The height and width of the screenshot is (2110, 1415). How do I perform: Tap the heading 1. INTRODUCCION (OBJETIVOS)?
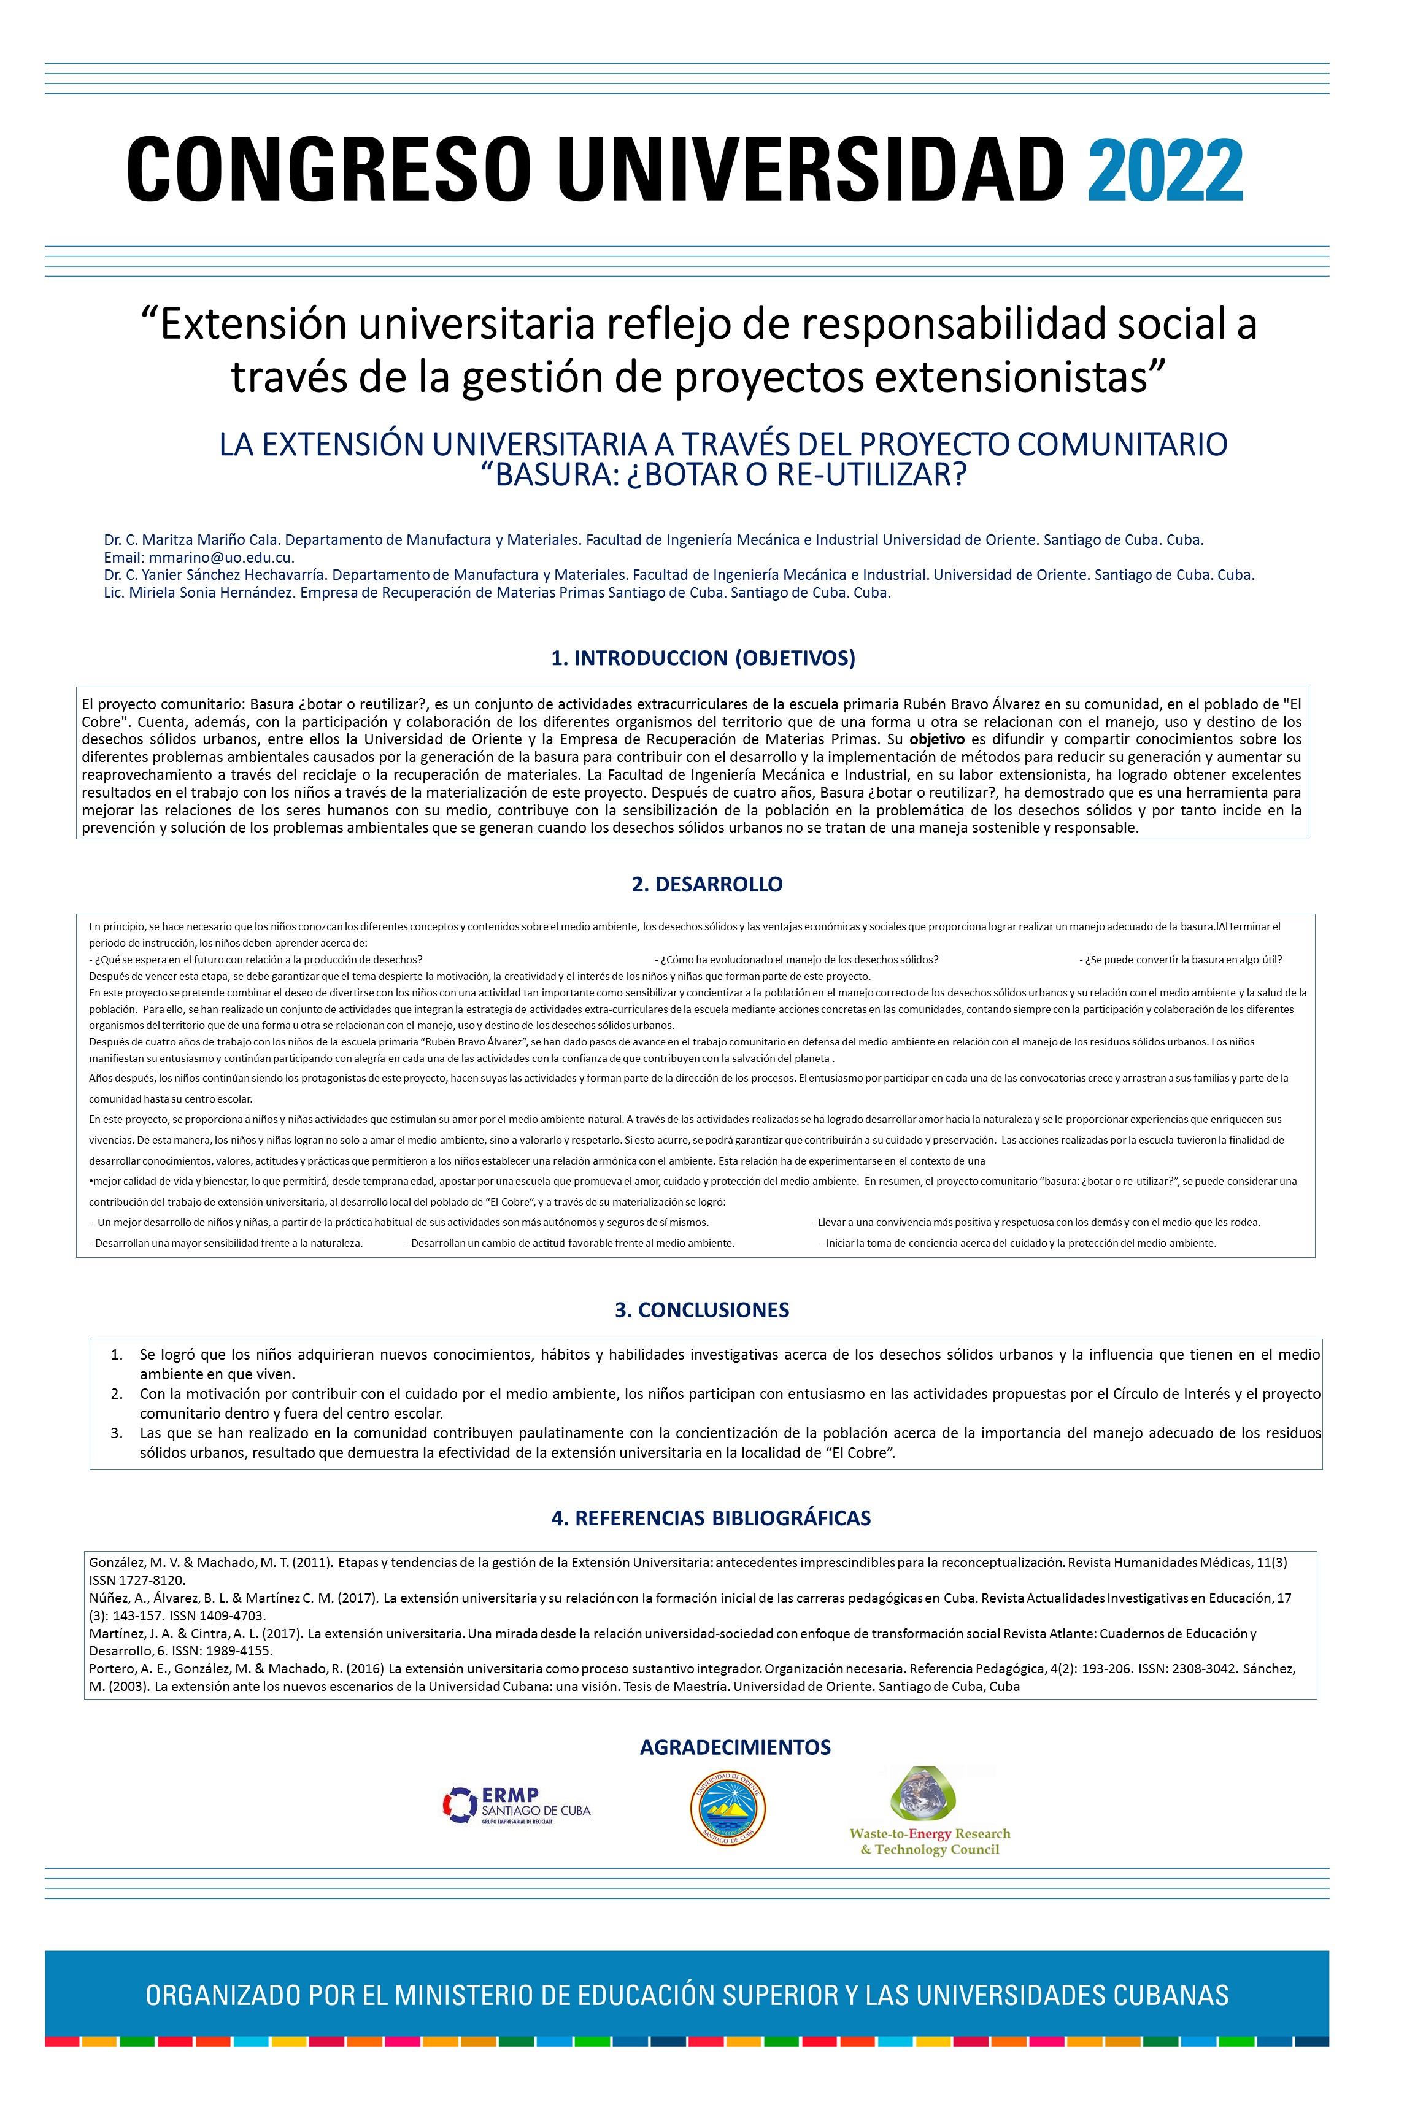(703, 658)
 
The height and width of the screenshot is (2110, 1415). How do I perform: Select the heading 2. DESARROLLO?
(707, 884)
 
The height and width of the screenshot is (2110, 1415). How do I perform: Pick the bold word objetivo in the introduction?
(936, 739)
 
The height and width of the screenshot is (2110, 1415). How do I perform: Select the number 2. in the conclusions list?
(117, 1394)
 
